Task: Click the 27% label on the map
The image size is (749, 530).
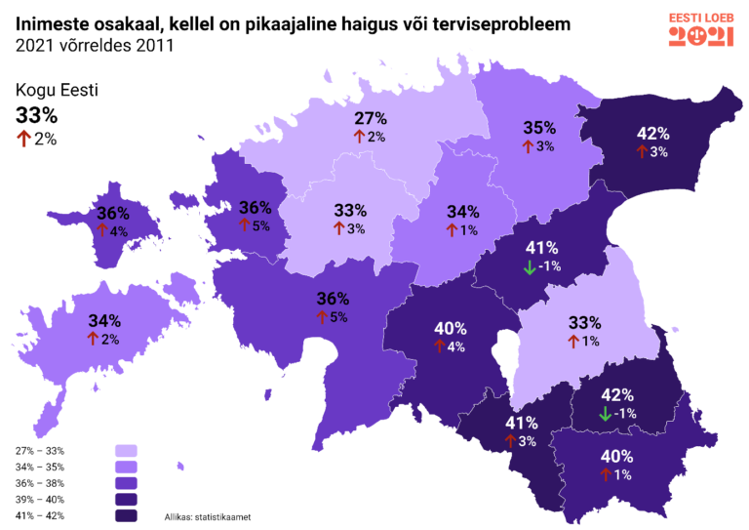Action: click(x=370, y=118)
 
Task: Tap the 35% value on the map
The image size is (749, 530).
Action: click(x=538, y=127)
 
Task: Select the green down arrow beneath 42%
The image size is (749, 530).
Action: click(x=605, y=413)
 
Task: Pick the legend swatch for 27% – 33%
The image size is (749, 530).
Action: click(x=126, y=451)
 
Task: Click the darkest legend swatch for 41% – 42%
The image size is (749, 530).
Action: click(x=126, y=515)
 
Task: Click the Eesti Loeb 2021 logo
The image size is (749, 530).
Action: click(x=701, y=30)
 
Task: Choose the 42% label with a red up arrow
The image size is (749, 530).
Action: click(x=651, y=133)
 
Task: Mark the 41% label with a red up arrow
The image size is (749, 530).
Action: click(x=521, y=423)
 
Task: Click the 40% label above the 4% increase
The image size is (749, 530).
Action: click(x=449, y=327)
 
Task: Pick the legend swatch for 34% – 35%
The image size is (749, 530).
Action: click(x=126, y=467)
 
